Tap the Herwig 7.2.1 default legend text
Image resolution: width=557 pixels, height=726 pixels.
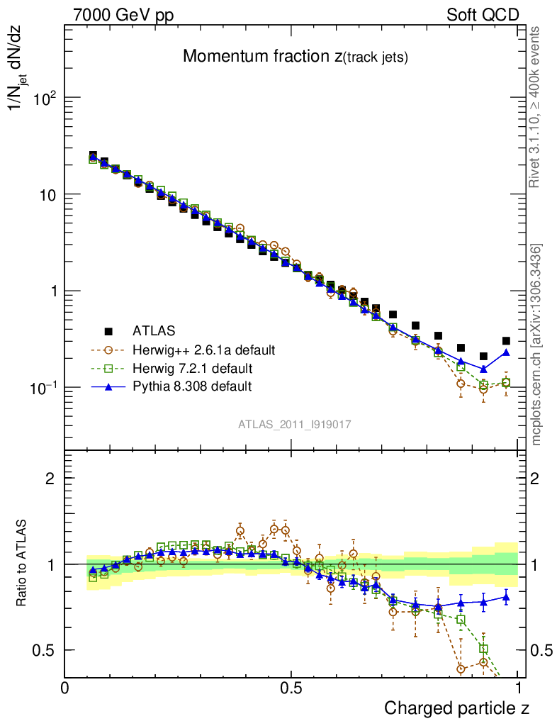192,369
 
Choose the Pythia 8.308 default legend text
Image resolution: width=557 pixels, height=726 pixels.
192,387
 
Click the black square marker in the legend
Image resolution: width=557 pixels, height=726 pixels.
108,331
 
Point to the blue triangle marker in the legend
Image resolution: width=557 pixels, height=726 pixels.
108,386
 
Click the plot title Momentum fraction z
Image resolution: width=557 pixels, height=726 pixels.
295,57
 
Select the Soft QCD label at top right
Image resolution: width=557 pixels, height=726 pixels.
483,14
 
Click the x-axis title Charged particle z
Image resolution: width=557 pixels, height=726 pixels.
456,708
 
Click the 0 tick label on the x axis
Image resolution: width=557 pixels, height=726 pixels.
65,688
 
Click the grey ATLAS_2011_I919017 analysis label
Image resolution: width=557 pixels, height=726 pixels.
294,424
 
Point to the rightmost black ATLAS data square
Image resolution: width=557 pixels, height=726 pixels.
506,341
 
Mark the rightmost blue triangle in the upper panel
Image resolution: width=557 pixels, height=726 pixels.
506,352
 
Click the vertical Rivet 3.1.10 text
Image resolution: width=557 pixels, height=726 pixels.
535,106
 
